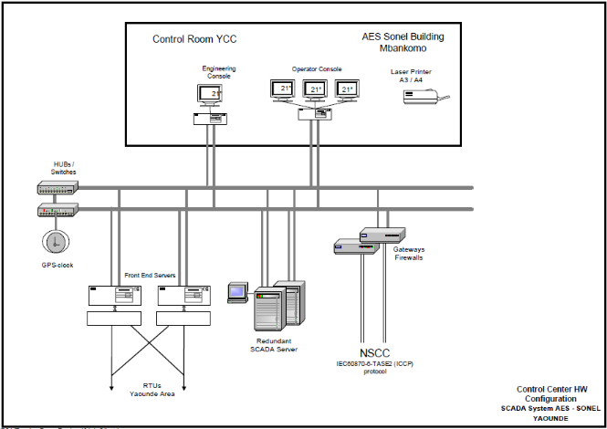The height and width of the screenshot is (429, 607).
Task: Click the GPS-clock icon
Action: (56, 241)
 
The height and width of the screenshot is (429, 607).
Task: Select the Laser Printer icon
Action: (427, 96)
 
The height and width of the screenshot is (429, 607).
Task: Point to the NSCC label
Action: (374, 354)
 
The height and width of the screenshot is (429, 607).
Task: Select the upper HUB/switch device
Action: (58, 187)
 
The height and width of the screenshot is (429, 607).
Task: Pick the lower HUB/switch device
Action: (58, 211)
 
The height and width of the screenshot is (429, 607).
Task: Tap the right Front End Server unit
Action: (183, 296)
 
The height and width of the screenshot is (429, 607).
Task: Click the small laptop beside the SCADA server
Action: (237, 292)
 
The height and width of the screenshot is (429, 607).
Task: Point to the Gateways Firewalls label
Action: (408, 254)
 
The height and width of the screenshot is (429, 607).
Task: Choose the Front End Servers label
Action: (150, 275)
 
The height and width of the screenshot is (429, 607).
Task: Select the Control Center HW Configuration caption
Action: (547, 393)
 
